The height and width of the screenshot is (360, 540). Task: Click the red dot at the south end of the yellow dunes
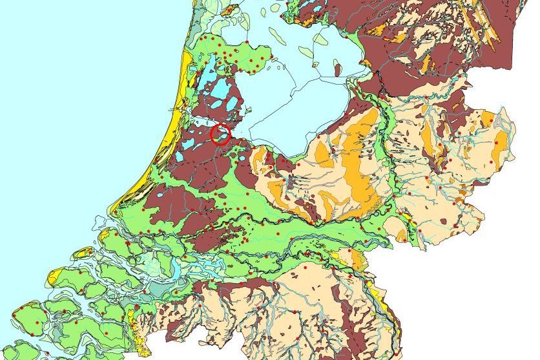point(116,211)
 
